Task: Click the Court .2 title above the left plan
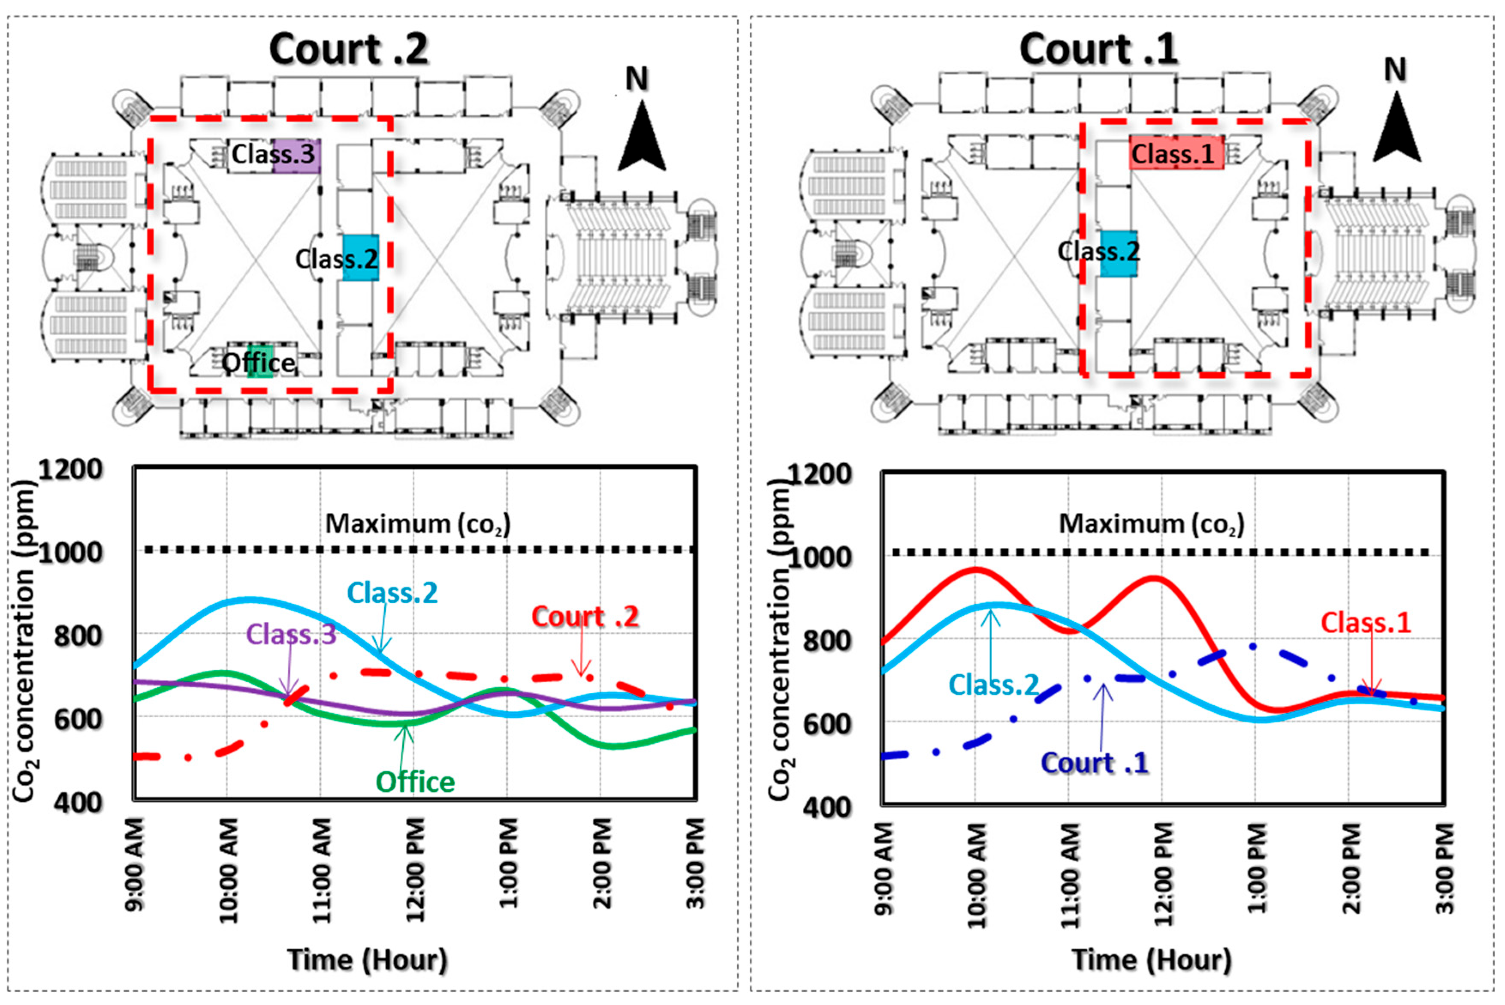(x=349, y=49)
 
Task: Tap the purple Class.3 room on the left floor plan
(x=296, y=155)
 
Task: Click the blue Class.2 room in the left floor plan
(x=361, y=258)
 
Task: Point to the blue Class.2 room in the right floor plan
(x=1119, y=253)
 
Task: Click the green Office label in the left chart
(x=415, y=782)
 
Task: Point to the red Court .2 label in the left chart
(x=585, y=617)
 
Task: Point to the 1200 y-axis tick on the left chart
(x=71, y=470)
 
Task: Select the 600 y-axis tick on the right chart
(x=827, y=725)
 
